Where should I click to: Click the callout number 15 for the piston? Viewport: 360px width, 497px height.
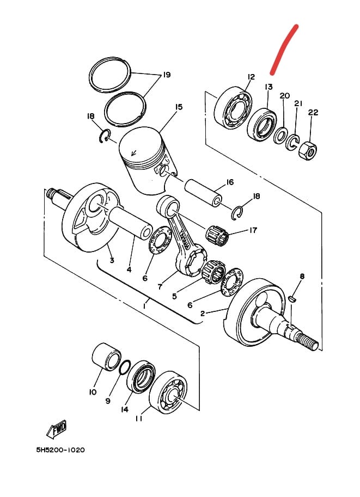click(179, 107)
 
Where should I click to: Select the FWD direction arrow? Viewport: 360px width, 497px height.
click(57, 429)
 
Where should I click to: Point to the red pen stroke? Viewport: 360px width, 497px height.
click(285, 48)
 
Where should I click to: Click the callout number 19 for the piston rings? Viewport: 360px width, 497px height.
click(166, 75)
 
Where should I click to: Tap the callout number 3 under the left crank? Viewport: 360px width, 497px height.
click(112, 260)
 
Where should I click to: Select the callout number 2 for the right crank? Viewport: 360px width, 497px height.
click(202, 313)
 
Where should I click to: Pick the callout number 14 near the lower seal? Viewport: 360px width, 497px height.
click(125, 409)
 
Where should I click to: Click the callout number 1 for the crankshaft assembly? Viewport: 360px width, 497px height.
click(144, 306)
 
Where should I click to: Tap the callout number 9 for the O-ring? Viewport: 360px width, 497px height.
click(108, 401)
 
